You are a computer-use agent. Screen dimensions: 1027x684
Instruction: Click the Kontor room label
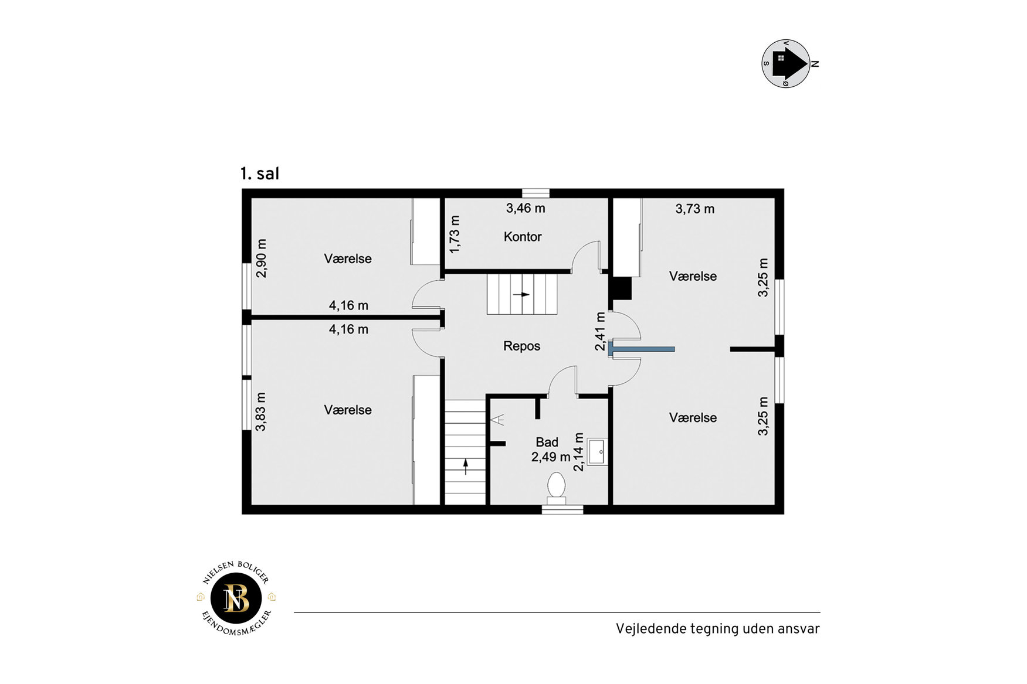[x=523, y=237]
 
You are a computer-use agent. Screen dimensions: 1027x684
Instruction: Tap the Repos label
[x=521, y=346]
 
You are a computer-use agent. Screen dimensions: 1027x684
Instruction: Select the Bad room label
[x=547, y=442]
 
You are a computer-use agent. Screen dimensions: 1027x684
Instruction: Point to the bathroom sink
[x=597, y=451]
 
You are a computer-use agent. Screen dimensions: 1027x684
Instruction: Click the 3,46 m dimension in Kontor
[x=526, y=208]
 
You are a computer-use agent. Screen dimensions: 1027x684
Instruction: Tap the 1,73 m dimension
[x=455, y=234]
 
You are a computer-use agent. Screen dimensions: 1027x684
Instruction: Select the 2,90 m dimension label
[x=261, y=258]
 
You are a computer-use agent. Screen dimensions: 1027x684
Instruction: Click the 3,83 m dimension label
[x=261, y=411]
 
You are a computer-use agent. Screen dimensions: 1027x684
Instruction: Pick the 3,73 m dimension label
[x=695, y=209]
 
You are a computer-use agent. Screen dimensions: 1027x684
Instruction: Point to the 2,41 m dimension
[x=600, y=331]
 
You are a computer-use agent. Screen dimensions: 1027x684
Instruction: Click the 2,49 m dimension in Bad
[x=551, y=457]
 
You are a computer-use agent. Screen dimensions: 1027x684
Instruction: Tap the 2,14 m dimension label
[x=579, y=452]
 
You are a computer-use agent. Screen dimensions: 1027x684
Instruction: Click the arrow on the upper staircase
[x=521, y=294]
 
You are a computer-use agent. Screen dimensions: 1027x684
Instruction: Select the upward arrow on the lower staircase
[x=466, y=467]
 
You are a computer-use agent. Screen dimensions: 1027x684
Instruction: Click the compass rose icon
[x=787, y=63]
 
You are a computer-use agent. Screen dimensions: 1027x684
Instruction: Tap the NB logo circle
[x=236, y=598]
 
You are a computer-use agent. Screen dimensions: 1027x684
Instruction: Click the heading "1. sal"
[x=259, y=173]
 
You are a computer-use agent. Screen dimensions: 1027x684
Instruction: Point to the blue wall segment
[x=641, y=349]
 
